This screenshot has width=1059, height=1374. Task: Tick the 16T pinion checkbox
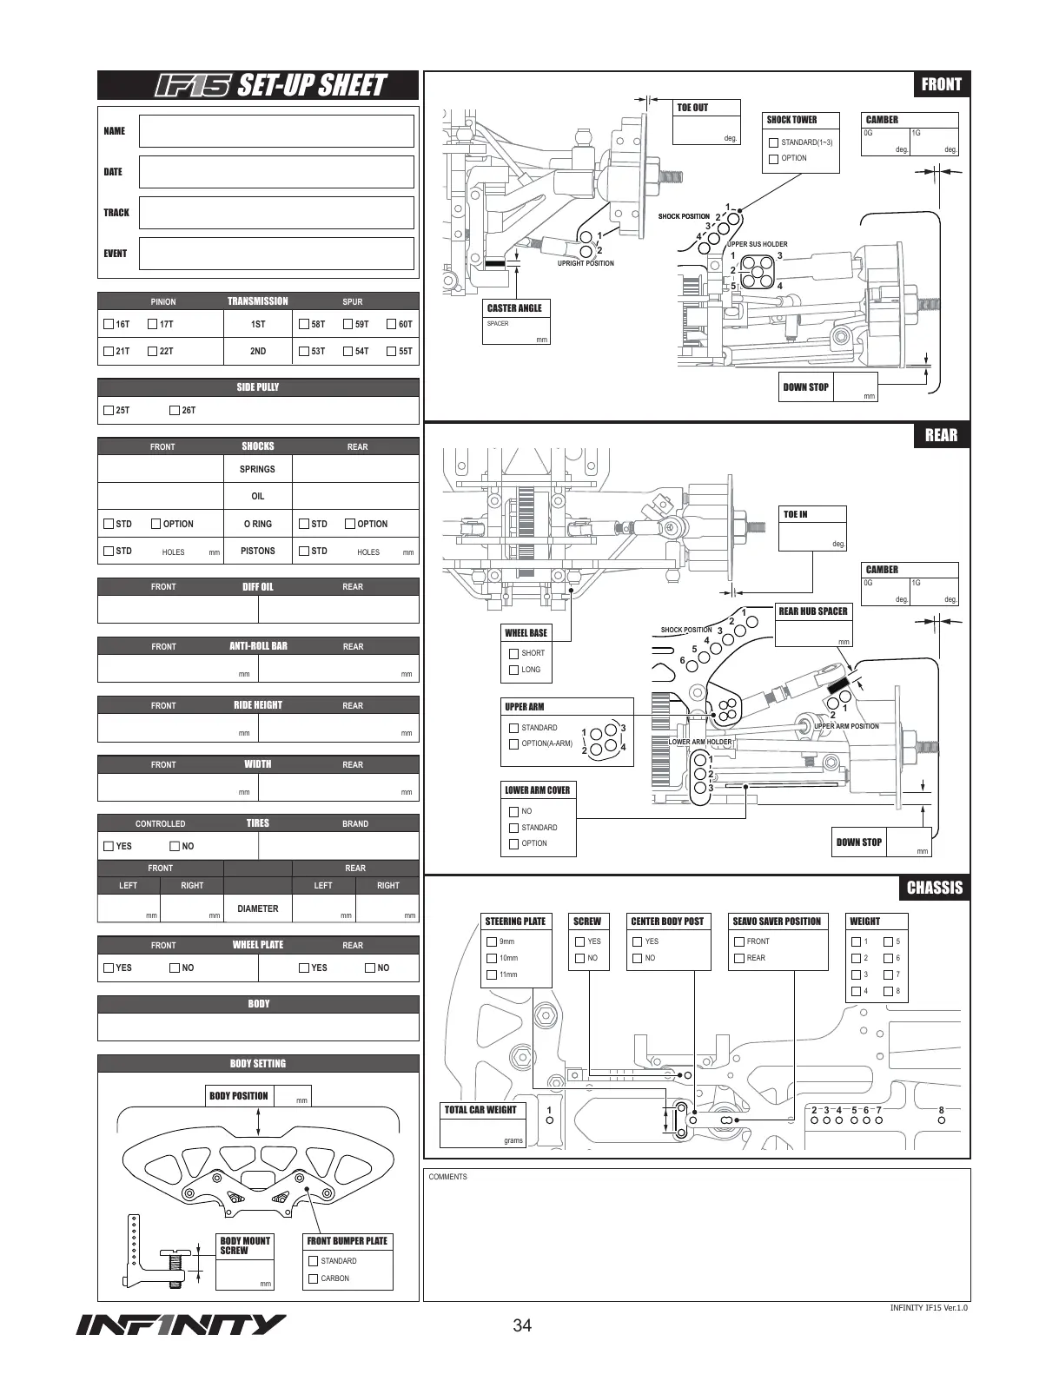click(109, 324)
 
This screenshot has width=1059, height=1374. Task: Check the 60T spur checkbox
click(392, 324)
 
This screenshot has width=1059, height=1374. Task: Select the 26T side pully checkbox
click(175, 410)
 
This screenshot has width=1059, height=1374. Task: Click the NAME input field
click(276, 131)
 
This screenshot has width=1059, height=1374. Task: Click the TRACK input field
click(276, 213)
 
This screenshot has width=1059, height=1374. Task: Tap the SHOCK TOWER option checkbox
click(773, 159)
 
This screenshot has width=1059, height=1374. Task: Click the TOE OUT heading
click(692, 108)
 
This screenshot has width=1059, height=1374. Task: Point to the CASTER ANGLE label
click(514, 308)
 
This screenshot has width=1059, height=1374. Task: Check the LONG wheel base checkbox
click(514, 670)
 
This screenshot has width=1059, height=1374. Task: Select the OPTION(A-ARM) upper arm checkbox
click(513, 744)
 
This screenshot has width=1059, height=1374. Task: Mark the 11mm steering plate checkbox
click(492, 975)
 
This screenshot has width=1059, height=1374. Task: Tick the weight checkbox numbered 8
click(888, 992)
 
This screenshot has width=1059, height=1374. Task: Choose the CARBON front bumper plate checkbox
click(314, 1278)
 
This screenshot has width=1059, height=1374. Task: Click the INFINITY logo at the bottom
click(181, 1325)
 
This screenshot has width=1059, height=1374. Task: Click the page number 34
click(522, 1325)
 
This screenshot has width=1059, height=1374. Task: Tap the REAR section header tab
click(941, 435)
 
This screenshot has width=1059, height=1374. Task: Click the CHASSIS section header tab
click(935, 888)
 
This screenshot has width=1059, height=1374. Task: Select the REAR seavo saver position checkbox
click(739, 958)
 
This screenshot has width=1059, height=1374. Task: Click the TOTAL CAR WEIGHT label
click(480, 1110)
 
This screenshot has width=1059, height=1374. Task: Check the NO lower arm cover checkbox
click(513, 811)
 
